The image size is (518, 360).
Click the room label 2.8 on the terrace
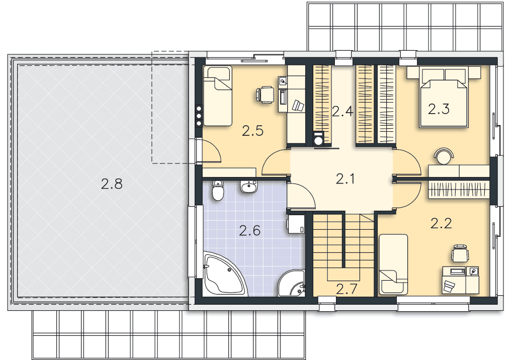click(112, 184)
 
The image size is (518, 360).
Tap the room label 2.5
click(253, 131)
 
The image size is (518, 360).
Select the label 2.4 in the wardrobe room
click(343, 112)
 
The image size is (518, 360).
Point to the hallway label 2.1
click(345, 179)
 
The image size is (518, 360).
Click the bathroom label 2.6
click(250, 231)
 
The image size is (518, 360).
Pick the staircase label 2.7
click(347, 289)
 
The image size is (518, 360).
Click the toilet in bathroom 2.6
click(217, 191)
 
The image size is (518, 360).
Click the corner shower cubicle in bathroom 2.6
click(292, 284)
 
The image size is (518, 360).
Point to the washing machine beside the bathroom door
click(296, 224)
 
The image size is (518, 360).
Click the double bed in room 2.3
click(444, 97)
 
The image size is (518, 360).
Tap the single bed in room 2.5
click(217, 96)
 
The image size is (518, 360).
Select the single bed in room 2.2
click(393, 264)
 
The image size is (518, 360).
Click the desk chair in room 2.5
click(265, 95)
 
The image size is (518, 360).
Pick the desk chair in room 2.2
click(460, 253)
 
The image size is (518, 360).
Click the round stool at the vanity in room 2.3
click(444, 157)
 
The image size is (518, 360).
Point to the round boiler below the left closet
click(318, 139)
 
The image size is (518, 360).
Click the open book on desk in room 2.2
click(449, 286)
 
